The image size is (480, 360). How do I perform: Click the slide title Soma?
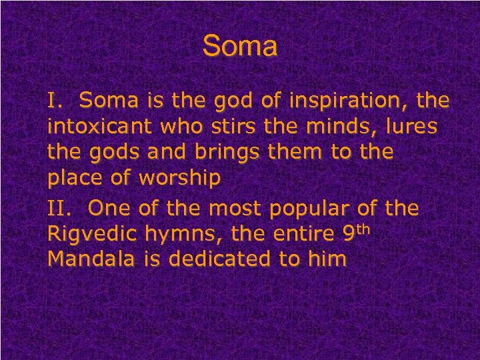tap(239, 47)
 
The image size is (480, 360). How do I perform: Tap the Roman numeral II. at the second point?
tap(60, 209)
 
